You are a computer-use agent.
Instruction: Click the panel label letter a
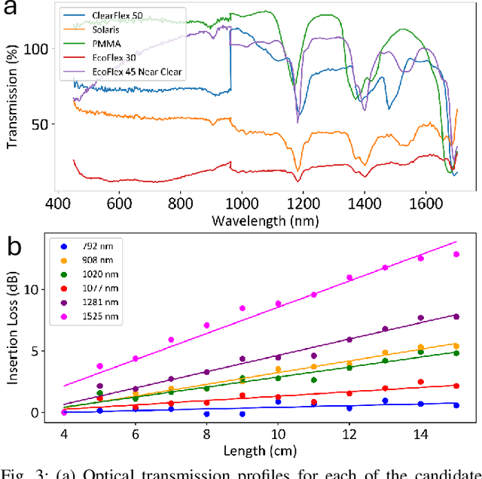point(13,10)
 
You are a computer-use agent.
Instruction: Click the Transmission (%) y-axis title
point(11,100)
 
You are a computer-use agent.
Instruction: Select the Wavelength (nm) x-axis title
point(266,221)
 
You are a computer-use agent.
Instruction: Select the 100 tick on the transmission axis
point(38,49)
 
